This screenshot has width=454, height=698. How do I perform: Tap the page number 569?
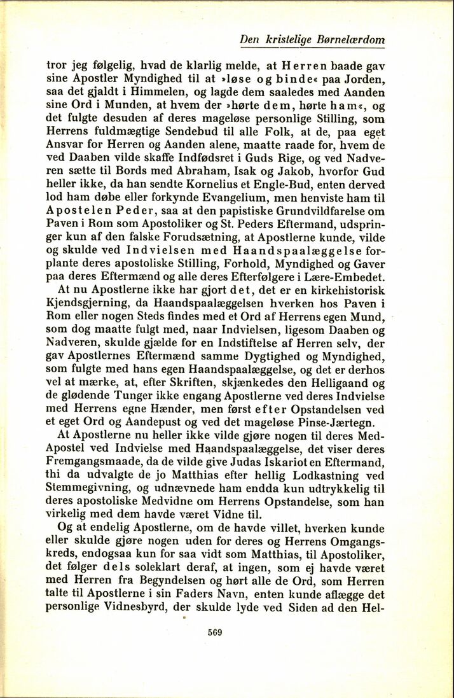(x=214, y=632)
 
